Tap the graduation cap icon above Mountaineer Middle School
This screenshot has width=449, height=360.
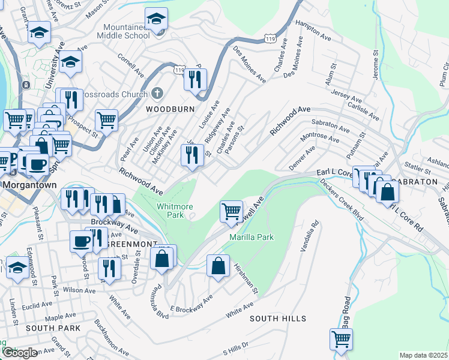[x=156, y=19]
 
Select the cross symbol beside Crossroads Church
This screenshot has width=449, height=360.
[x=157, y=94]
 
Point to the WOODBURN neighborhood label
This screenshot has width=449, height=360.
[x=164, y=109]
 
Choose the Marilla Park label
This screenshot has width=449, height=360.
[x=252, y=237]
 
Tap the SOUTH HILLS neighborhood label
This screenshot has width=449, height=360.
[x=278, y=319]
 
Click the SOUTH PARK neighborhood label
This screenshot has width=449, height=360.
[x=53, y=328]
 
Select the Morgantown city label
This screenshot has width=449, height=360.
[x=29, y=185]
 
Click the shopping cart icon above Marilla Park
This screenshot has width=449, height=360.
[x=232, y=211]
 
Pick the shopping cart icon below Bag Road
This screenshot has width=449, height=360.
[x=342, y=338]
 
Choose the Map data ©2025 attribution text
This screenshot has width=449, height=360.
[x=423, y=355]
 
